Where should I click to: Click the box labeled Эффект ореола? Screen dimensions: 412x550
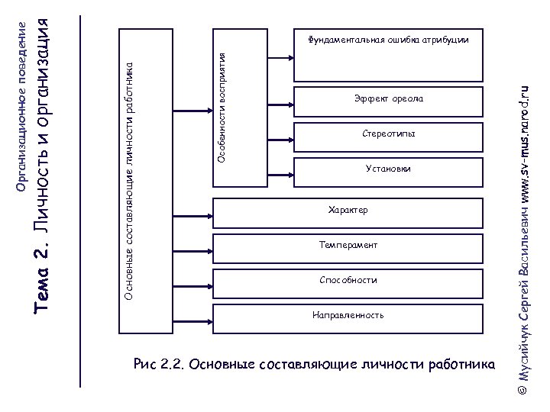click(x=388, y=100)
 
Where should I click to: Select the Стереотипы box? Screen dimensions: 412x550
click(x=388, y=135)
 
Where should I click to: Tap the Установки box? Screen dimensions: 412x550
click(x=388, y=169)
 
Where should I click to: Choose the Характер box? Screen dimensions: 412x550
click(x=348, y=211)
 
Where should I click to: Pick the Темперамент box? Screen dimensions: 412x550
click(x=348, y=246)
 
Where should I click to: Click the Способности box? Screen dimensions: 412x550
click(x=348, y=281)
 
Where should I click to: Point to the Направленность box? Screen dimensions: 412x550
click(x=348, y=316)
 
